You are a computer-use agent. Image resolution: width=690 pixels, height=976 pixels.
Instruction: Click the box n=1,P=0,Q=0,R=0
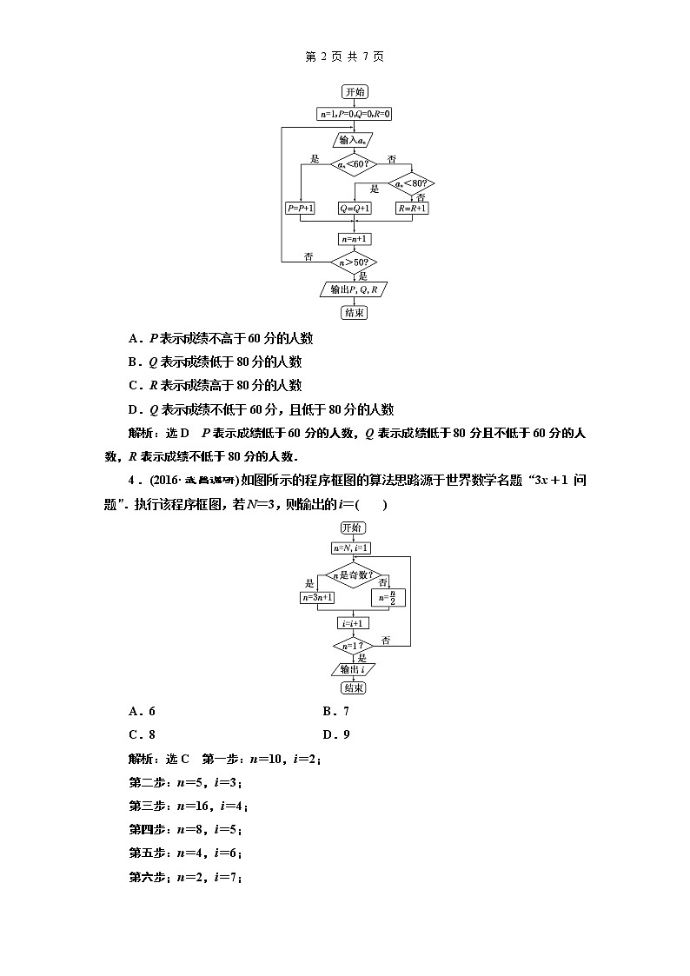coord(354,114)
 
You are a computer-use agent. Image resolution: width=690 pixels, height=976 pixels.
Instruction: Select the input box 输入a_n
coord(354,139)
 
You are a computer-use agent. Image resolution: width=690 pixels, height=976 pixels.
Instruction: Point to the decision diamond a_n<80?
coord(412,183)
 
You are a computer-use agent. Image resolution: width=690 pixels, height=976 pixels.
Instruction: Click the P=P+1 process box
coord(301,209)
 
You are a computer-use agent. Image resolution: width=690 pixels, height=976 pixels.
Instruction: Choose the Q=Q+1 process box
coord(355,209)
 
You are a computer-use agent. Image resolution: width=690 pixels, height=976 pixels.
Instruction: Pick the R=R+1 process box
coord(412,209)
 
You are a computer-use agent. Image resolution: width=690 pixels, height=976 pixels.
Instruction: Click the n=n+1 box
coord(354,238)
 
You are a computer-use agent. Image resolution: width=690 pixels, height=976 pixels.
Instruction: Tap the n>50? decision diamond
coord(354,261)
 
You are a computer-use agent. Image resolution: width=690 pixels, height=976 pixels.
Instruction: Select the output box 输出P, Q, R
coord(354,289)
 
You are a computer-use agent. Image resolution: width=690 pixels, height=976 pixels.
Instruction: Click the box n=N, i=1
coord(352,548)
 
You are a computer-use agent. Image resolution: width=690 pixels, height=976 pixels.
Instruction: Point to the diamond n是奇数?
coord(352,574)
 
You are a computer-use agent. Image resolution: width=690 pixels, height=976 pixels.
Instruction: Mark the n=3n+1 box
coord(318,598)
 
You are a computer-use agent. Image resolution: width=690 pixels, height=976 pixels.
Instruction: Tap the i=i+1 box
coord(352,623)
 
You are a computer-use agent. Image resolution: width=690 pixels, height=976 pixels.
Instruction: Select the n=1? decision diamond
coord(352,646)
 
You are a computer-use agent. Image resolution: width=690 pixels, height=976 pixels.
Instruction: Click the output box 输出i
coord(352,669)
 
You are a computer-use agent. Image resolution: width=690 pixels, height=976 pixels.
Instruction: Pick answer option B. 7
coord(335,711)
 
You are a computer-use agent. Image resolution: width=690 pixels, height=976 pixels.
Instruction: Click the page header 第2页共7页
coord(345,56)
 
